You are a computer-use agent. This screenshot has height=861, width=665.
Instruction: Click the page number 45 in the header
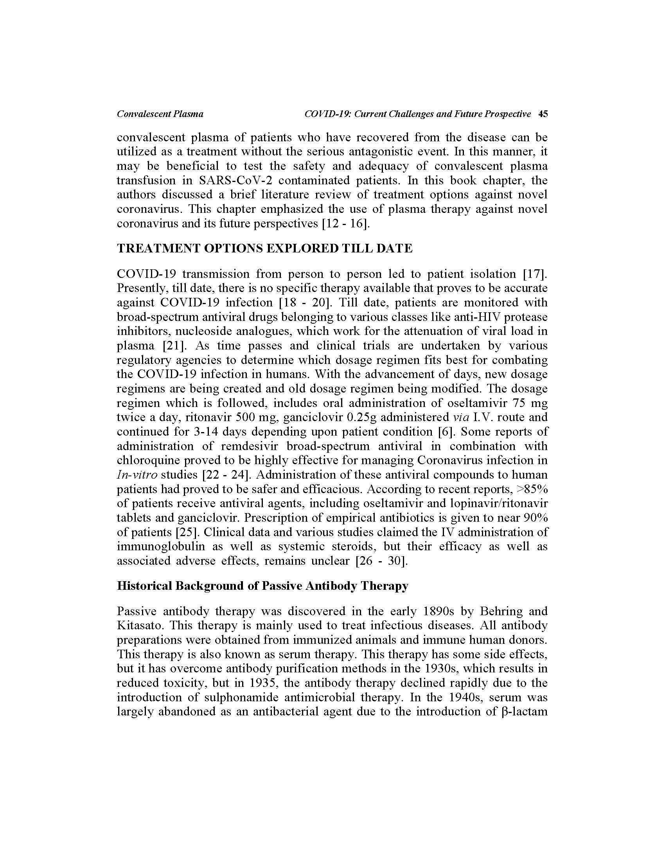pyautogui.click(x=543, y=114)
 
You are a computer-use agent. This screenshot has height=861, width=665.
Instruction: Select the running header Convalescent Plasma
pyautogui.click(x=160, y=114)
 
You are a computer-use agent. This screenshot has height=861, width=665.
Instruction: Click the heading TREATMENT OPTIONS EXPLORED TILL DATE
pyautogui.click(x=265, y=249)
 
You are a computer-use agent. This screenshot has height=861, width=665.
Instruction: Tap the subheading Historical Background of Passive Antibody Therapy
pyautogui.click(x=262, y=586)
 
